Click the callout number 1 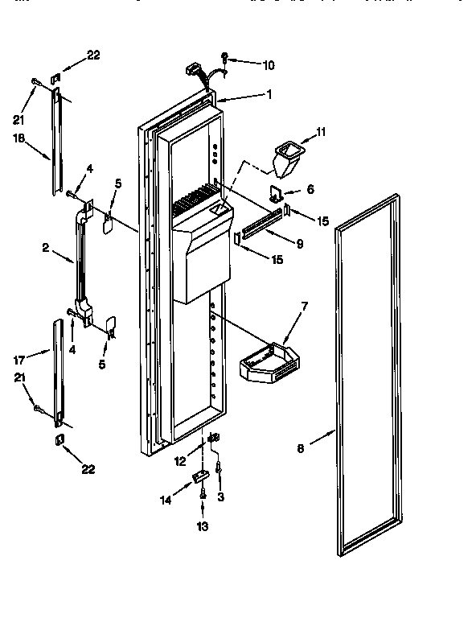(x=269, y=94)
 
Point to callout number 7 (x=305, y=306)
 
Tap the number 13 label (x=203, y=526)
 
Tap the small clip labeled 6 (x=277, y=194)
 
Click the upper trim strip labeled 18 (x=56, y=141)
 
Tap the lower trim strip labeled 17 (x=58, y=370)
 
